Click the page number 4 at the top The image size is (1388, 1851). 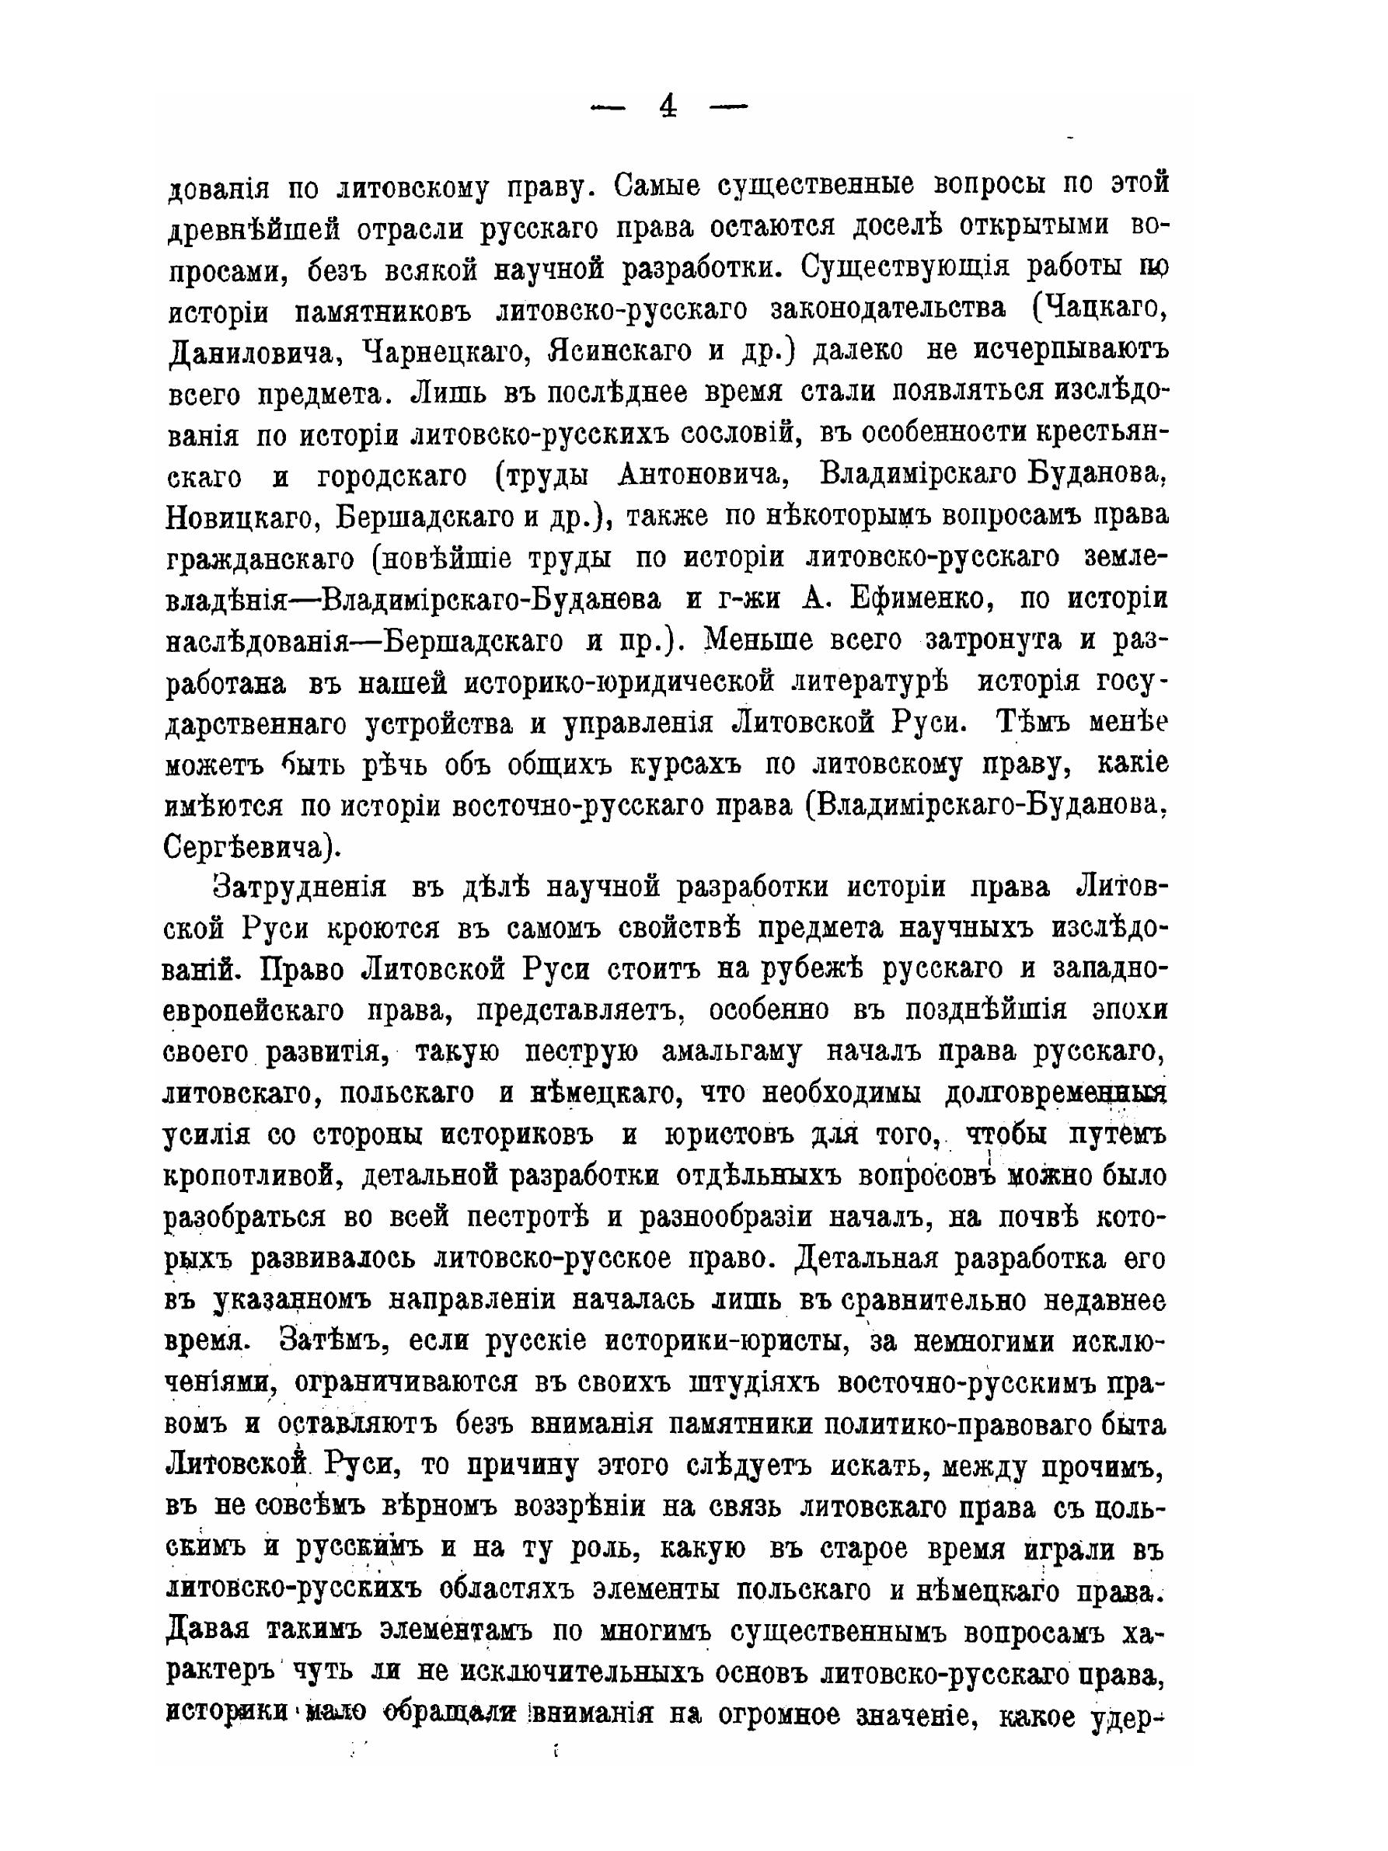pos(668,107)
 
